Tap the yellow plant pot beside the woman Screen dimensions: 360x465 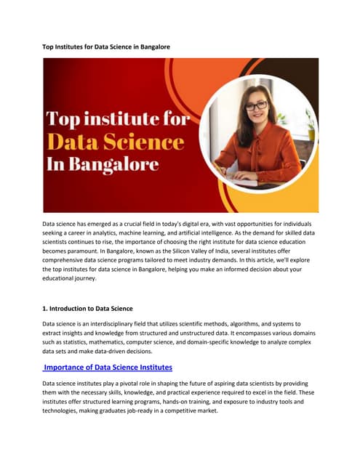click(311, 134)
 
